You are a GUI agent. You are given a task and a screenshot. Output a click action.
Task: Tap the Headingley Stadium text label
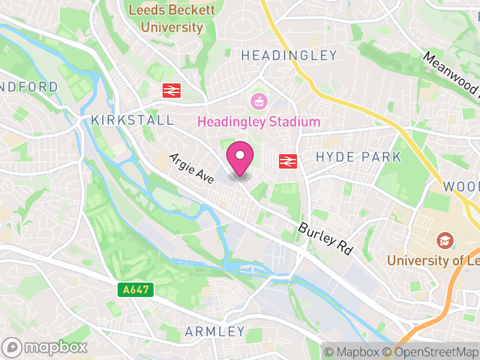pos(259,122)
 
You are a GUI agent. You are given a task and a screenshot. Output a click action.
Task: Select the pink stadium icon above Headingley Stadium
pos(259,101)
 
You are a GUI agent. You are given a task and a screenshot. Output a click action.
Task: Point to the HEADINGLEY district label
pos(289,56)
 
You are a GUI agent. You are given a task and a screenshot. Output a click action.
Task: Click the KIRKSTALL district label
pos(132,121)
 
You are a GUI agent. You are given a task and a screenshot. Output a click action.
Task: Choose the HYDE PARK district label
pos(358,157)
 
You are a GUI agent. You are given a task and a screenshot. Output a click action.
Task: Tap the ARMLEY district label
pos(215,331)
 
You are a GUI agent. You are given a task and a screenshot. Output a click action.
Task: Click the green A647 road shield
pos(136,290)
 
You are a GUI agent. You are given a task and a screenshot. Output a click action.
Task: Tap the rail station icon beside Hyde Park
pos(288,161)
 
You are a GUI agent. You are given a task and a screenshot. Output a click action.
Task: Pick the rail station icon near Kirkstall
pos(172,91)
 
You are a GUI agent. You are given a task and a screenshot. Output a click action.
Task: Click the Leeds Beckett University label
pos(172,19)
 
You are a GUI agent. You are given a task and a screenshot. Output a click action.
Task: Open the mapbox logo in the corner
pos(46,347)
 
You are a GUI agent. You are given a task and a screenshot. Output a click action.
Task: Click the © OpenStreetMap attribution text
pos(431,351)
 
